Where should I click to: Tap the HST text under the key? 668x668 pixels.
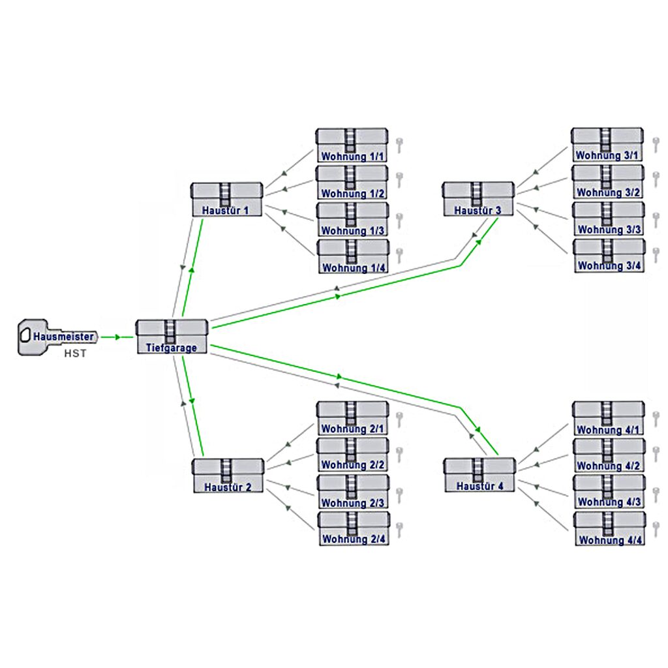[74, 354]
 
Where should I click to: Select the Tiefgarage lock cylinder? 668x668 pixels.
[172, 337]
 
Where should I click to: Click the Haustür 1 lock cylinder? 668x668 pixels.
[227, 199]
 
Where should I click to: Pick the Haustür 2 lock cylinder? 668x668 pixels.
[228, 475]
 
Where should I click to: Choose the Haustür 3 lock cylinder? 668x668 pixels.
[478, 198]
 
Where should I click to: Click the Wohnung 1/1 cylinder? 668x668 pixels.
[352, 145]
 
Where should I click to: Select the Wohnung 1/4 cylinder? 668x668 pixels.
[353, 256]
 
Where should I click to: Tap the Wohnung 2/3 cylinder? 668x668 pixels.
[353, 491]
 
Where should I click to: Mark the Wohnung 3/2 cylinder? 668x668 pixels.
[608, 181]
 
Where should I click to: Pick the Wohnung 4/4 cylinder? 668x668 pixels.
[609, 529]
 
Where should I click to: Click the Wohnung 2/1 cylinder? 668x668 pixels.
[352, 417]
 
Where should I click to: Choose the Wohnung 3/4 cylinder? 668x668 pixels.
[608, 255]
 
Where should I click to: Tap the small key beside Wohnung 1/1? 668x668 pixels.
[399, 145]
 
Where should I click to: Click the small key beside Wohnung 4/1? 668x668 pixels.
[655, 417]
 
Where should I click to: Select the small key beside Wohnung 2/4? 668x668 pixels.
[399, 529]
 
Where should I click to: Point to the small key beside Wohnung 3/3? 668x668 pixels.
[655, 219]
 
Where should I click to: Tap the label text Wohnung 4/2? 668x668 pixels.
[609, 466]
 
